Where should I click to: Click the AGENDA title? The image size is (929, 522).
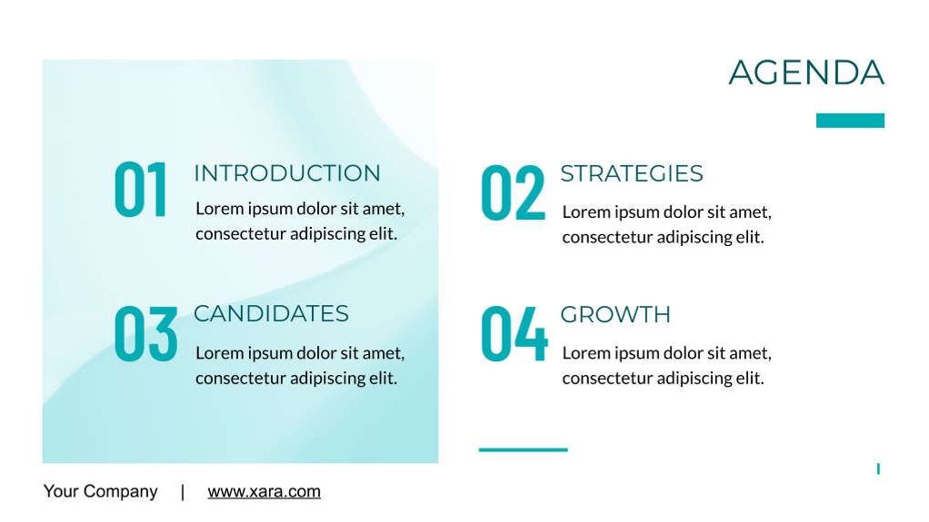(806, 73)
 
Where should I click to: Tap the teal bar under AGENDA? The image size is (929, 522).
(850, 120)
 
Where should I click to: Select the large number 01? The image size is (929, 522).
(140, 190)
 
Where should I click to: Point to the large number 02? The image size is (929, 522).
(513, 193)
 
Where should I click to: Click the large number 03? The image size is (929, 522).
(145, 333)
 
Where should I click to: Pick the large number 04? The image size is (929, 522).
(514, 333)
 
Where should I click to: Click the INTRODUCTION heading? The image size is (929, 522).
(287, 173)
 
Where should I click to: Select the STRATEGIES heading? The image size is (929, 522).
(632, 173)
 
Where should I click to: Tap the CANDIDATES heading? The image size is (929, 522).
(272, 314)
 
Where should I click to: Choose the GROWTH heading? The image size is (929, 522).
(615, 314)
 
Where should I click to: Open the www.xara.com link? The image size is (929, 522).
(265, 491)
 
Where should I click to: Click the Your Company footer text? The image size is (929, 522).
(101, 491)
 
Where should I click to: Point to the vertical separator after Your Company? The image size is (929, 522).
(183, 492)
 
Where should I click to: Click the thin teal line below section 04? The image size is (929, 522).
(524, 449)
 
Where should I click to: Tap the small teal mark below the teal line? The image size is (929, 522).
(878, 468)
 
